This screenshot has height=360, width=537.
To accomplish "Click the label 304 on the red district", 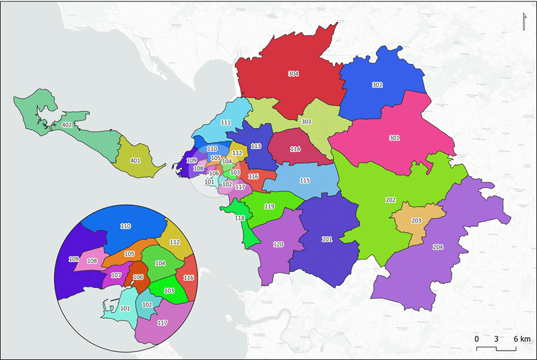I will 293,73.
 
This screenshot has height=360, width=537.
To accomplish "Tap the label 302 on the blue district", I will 378,85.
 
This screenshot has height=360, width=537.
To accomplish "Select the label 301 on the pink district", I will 394,138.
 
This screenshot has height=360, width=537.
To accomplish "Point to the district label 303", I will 306,122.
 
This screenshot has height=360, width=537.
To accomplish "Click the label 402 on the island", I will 66,125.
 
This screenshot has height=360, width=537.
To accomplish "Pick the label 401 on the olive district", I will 135,161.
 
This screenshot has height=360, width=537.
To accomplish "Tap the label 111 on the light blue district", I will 226,123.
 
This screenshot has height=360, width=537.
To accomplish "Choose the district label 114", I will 296,149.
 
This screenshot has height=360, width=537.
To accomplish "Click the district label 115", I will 305,181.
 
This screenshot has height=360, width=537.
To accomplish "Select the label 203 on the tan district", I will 416,221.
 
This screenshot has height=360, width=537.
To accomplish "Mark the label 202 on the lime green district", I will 390,200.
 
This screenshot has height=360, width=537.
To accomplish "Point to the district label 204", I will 438,247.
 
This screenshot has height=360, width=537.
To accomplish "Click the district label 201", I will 327,239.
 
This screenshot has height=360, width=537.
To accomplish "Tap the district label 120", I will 279,245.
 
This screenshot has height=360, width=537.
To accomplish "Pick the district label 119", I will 270,207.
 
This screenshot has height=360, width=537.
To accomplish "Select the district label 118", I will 239,219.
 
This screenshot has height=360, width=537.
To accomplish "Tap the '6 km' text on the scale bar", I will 521,339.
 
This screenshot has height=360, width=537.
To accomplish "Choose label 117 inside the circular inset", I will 162,323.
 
